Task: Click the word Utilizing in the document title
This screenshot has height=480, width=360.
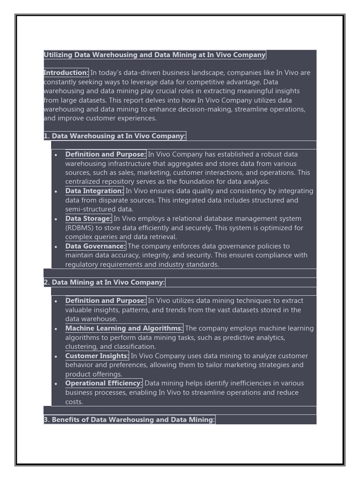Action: (58, 55)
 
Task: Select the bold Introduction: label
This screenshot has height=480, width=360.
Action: (66, 73)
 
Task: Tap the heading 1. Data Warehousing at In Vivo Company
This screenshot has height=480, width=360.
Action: (115, 136)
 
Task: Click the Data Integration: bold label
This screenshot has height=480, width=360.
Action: (94, 191)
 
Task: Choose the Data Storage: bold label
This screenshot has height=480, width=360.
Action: (88, 218)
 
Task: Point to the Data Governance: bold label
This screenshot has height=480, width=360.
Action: (95, 246)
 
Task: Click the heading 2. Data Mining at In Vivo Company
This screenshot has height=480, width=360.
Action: (104, 283)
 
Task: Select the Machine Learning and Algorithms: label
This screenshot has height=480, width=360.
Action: (124, 329)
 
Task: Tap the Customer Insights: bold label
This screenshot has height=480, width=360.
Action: (97, 356)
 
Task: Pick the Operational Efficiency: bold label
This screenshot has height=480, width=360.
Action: (104, 383)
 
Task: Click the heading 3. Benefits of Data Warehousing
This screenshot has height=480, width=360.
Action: (129, 420)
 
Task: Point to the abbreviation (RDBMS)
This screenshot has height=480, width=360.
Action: (80, 228)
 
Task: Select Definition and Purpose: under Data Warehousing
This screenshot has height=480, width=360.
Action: (105, 155)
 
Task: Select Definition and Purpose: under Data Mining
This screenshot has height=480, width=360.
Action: (105, 301)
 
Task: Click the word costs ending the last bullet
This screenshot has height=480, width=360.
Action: (74, 402)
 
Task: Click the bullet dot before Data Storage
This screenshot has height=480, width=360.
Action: (56, 219)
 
